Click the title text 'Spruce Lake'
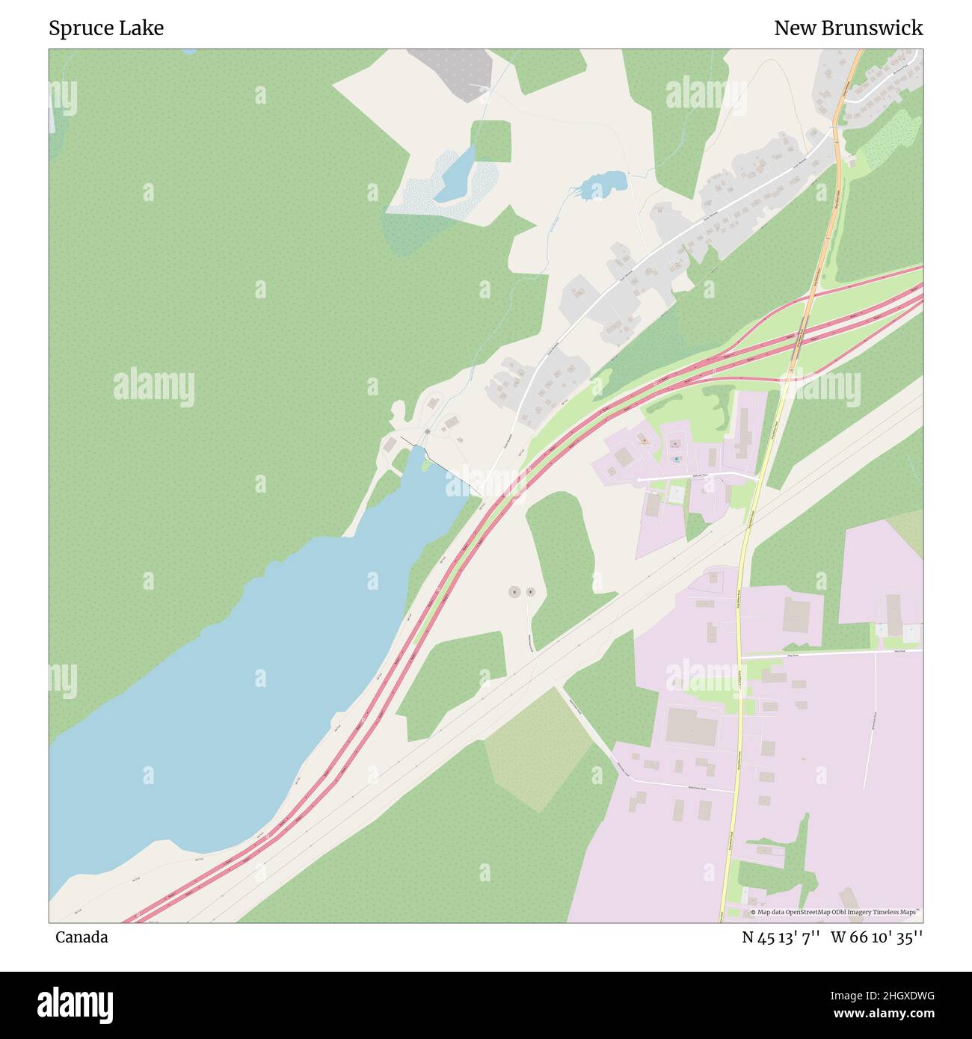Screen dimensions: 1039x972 [x=106, y=28]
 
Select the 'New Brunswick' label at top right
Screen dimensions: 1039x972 [x=848, y=28]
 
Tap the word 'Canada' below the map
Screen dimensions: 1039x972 [x=81, y=937]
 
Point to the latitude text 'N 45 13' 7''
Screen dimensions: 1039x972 [x=781, y=937]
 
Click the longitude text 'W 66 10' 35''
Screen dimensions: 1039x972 [x=876, y=937]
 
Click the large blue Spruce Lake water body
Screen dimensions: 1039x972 [x=224, y=695]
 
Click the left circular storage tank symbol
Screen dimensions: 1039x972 [x=514, y=592]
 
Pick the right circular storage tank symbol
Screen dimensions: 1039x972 [x=530, y=592]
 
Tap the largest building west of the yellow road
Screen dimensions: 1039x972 [x=692, y=726]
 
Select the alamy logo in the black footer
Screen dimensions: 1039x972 [x=75, y=1005]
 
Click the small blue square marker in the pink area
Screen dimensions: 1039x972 [x=677, y=459]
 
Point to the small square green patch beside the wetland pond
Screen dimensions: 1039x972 [x=492, y=141]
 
